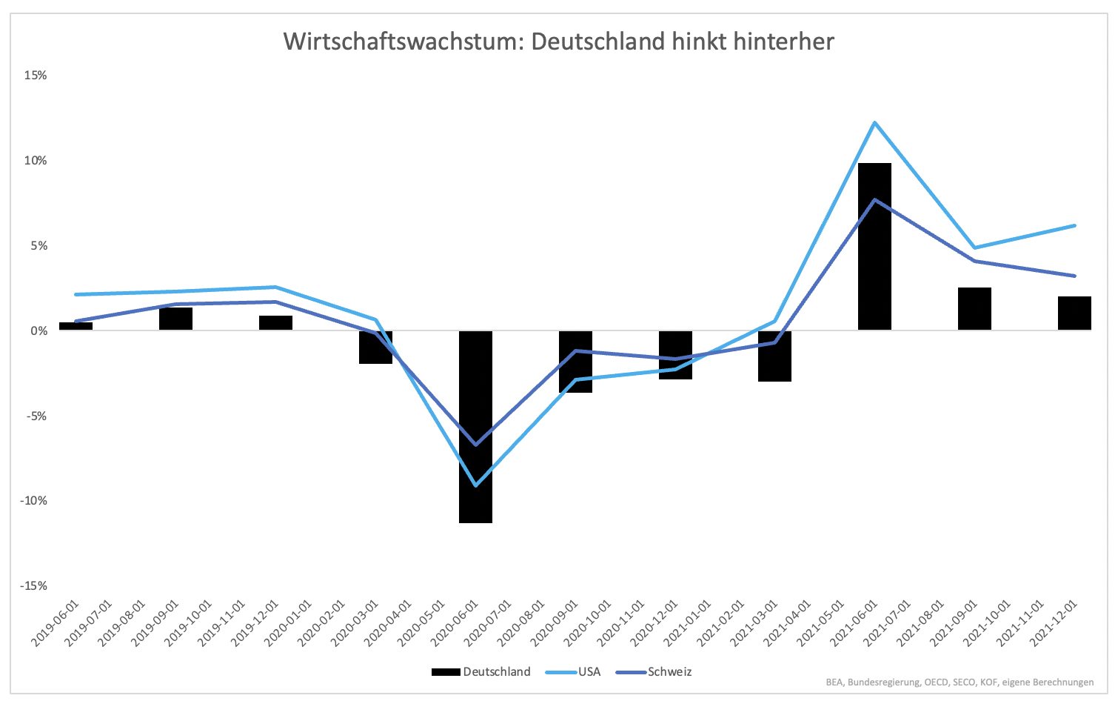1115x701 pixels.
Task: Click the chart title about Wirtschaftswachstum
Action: click(558, 41)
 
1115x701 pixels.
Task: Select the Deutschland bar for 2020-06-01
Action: click(475, 427)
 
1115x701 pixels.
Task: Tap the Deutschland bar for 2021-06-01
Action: click(874, 247)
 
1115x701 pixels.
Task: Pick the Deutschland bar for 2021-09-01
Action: click(974, 309)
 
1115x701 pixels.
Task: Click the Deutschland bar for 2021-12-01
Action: click(1075, 313)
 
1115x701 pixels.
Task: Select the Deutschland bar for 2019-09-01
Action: click(175, 319)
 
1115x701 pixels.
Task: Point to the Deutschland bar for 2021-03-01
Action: click(774, 356)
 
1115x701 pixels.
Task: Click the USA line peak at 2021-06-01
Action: click(874, 122)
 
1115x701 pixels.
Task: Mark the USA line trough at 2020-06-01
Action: click(476, 485)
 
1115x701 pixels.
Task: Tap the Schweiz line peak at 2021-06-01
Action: click(874, 200)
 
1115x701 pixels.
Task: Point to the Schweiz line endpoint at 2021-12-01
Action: click(1075, 276)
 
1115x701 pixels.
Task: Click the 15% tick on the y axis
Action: click(36, 76)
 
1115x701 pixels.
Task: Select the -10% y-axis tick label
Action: click(33, 500)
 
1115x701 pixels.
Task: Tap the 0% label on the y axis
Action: click(38, 330)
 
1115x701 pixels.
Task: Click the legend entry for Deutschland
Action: click(481, 671)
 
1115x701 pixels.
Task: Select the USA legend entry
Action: click(573, 671)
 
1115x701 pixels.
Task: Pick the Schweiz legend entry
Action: click(654, 671)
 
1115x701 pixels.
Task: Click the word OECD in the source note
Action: click(937, 682)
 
